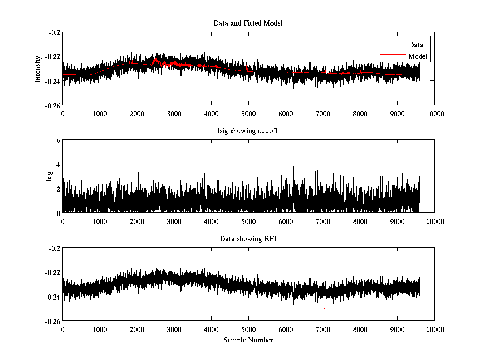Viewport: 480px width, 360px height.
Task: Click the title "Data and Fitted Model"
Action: click(x=248, y=23)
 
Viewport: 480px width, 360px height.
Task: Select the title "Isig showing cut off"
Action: click(x=248, y=131)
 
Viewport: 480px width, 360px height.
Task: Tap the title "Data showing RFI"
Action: click(x=248, y=239)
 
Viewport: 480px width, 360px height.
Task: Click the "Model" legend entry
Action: click(x=418, y=56)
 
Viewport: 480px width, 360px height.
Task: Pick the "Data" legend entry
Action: click(x=416, y=45)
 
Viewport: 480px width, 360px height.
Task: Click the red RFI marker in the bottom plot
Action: click(x=324, y=308)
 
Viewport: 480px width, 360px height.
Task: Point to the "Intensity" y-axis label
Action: click(x=38, y=68)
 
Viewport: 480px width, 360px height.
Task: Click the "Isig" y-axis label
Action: click(x=49, y=176)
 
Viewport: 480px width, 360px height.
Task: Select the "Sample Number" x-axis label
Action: click(x=248, y=340)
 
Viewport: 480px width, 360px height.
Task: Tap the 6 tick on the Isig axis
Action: click(x=58, y=140)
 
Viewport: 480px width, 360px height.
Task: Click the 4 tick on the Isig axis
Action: click(x=58, y=164)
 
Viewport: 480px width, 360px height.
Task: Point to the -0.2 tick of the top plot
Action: click(x=54, y=32)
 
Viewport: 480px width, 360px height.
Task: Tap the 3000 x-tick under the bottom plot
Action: click(x=174, y=329)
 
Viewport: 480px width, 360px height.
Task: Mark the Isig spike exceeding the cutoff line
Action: click(x=324, y=159)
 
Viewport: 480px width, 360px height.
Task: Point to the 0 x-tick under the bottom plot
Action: click(x=63, y=329)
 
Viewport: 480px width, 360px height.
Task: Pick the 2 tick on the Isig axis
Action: click(x=58, y=188)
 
